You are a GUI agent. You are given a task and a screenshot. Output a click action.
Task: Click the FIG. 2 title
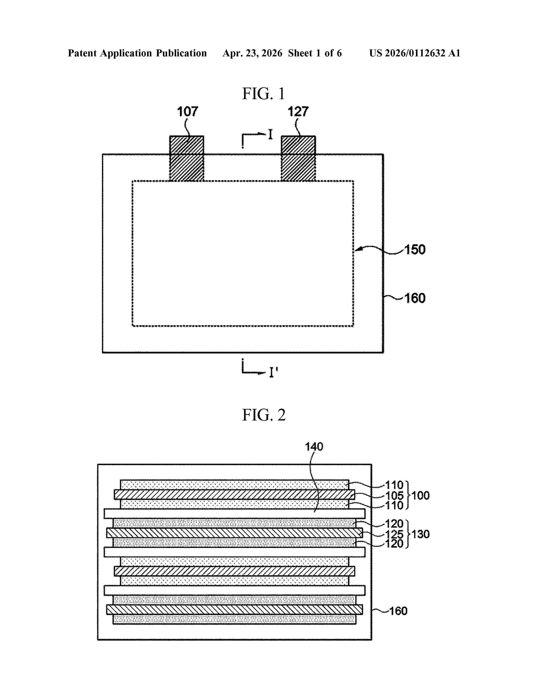[x=264, y=415]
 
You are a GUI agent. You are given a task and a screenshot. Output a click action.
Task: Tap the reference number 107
[x=187, y=112]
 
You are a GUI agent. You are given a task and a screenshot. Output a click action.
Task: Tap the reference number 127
[x=298, y=112]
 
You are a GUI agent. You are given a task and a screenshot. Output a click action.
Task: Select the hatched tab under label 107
[x=187, y=159]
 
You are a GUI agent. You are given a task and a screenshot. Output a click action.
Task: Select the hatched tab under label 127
[x=298, y=159]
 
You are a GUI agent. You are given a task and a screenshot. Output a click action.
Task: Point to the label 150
[x=415, y=250]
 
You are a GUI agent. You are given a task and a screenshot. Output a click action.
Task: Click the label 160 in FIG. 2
[x=398, y=611]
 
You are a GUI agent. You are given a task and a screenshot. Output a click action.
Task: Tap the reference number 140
[x=314, y=447]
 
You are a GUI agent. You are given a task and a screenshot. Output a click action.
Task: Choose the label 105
[x=394, y=495]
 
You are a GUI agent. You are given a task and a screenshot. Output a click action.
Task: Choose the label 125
[x=394, y=534]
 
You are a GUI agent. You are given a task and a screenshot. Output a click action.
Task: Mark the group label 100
[x=420, y=495]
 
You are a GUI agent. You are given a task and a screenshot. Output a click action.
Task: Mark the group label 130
[x=420, y=534]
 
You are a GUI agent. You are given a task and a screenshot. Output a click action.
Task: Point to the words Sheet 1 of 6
[x=315, y=53]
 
